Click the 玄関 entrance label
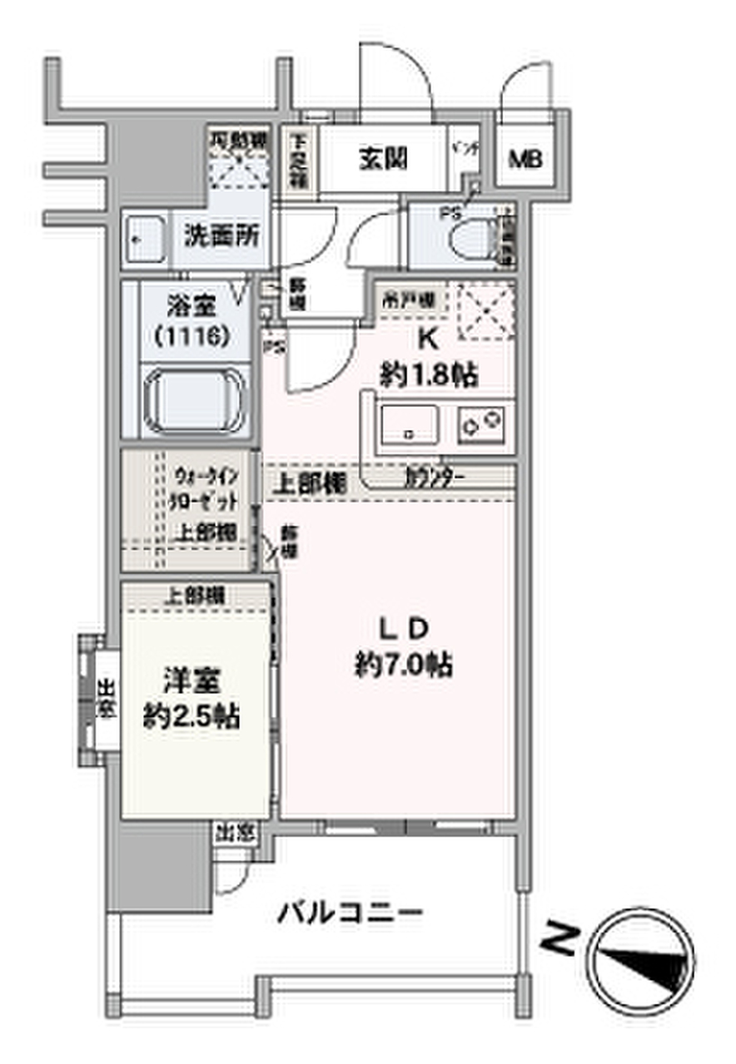pyautogui.click(x=383, y=158)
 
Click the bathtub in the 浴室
pyautogui.click(x=195, y=400)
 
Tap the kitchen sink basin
pyautogui.click(x=408, y=424)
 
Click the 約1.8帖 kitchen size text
pyautogui.click(x=428, y=375)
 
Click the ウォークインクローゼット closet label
pyautogui.click(x=205, y=491)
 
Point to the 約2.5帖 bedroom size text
pyautogui.click(x=192, y=715)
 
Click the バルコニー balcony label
pyautogui.click(x=350, y=913)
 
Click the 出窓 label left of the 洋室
pyautogui.click(x=106, y=699)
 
